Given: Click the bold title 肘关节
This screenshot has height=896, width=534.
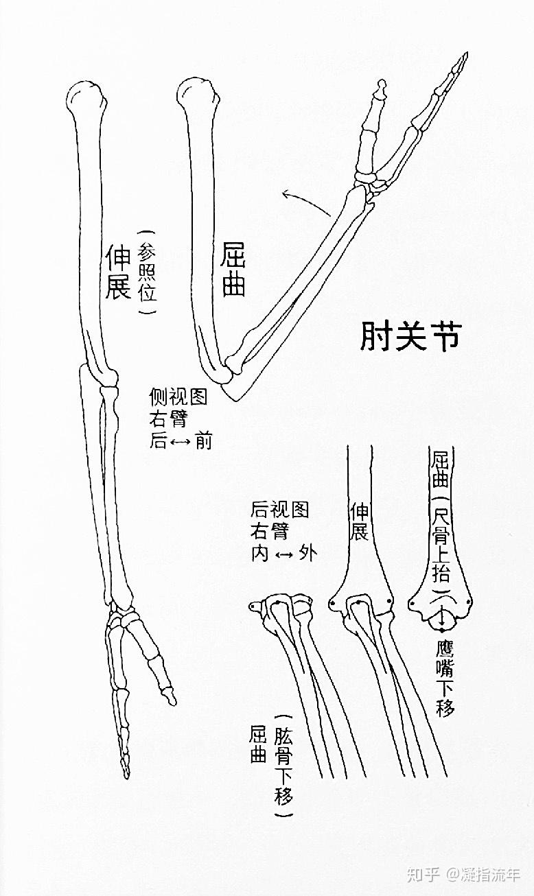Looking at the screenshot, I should coord(411,336).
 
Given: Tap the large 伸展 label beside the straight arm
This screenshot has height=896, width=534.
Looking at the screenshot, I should coord(117,272).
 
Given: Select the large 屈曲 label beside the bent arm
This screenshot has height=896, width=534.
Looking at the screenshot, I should coord(234,272).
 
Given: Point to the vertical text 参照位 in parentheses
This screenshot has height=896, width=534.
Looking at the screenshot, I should coord(148,272).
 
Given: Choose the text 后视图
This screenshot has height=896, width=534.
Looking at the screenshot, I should coord(280,510).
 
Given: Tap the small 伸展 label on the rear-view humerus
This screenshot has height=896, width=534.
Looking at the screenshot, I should coord(360,521).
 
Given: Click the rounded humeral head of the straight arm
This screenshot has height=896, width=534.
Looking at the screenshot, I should coord(87,95).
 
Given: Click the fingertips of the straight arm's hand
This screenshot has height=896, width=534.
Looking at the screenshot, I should coord(126,772).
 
